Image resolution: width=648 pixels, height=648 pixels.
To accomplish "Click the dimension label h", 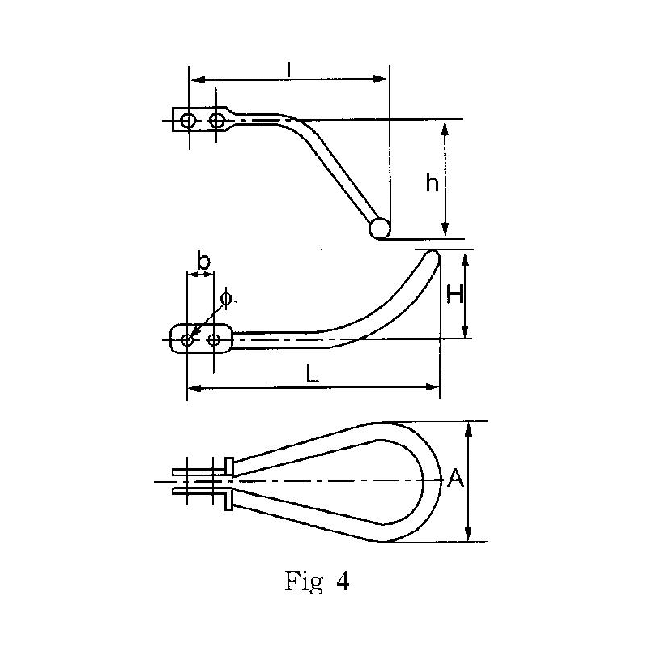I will [x=433, y=184].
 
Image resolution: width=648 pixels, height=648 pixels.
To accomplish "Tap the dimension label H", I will [x=455, y=295].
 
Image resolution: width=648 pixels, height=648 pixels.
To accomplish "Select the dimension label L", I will [x=311, y=373].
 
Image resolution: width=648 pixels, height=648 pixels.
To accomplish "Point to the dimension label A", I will [x=455, y=480].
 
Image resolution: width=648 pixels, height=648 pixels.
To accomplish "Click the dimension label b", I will [x=203, y=262].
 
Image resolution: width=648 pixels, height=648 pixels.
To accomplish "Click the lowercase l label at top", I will [x=289, y=69].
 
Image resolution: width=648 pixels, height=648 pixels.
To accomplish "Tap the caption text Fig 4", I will [x=318, y=582].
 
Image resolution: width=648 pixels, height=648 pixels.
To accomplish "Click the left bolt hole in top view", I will [x=188, y=121].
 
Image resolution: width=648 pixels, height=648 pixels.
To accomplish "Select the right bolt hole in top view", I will [x=216, y=121].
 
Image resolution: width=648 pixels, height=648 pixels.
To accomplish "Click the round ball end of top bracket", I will [x=379, y=229].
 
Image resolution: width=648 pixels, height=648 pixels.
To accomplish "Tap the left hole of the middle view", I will [x=187, y=339].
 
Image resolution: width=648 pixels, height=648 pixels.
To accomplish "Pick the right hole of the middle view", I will [x=214, y=339].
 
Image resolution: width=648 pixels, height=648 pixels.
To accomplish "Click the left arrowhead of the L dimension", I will [x=193, y=389].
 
